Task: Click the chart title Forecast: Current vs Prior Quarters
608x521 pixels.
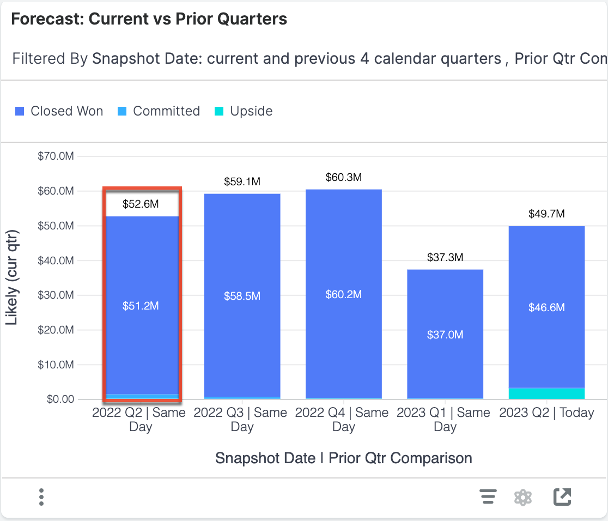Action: [149, 20]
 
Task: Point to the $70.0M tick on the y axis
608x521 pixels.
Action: [55, 156]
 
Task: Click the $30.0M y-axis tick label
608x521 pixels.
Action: [55, 295]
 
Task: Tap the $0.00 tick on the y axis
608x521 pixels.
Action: [59, 399]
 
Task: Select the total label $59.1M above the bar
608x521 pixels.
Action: [242, 182]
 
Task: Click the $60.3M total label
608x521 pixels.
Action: [344, 177]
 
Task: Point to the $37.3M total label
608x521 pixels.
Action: [445, 257]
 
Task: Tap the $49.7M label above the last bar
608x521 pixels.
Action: [546, 214]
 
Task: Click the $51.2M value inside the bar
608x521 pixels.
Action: [141, 306]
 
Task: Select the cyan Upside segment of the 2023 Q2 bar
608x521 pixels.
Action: [546, 393]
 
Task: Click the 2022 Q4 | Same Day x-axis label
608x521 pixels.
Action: [343, 420]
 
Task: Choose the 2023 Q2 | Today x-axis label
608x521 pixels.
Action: [546, 413]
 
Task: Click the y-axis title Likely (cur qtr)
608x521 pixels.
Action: [13, 278]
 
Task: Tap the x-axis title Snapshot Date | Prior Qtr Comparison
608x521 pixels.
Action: [343, 458]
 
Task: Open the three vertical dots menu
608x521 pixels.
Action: [41, 497]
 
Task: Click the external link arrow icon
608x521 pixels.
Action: [562, 497]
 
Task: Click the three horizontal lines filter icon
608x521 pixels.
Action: [488, 497]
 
